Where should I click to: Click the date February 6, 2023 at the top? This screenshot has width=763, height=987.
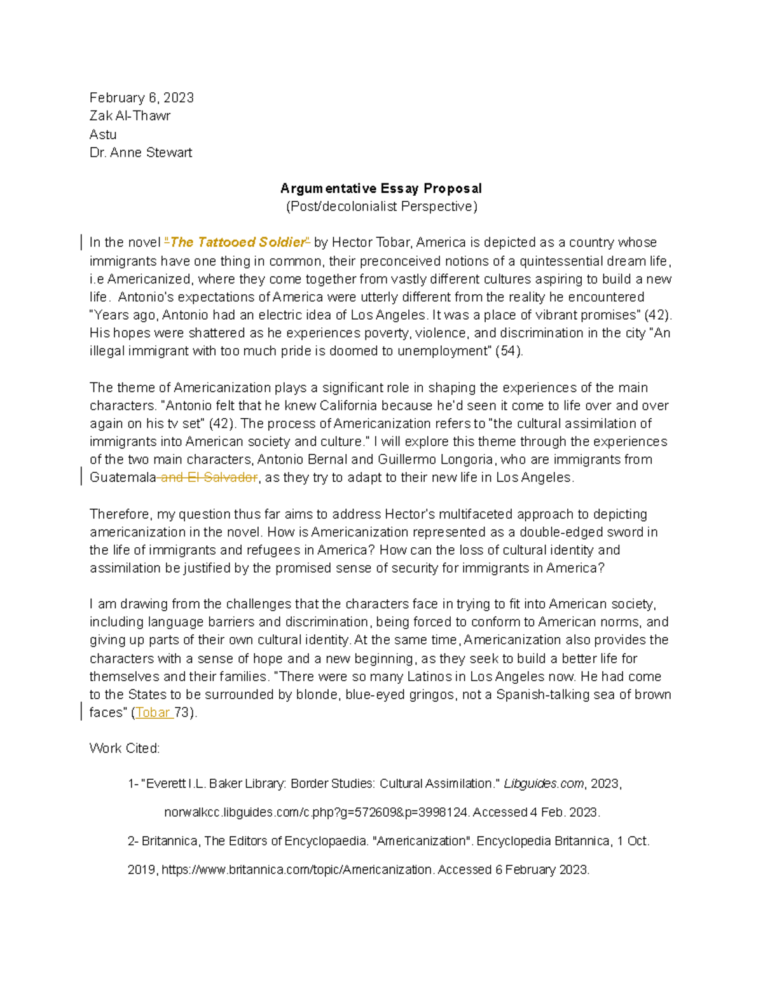click(x=141, y=98)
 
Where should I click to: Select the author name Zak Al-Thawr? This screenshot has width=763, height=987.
click(x=130, y=116)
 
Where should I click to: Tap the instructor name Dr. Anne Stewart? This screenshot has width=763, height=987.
click(x=141, y=153)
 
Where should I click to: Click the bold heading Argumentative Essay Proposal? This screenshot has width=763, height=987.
click(x=381, y=189)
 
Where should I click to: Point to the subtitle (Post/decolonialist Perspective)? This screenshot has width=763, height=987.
click(x=381, y=207)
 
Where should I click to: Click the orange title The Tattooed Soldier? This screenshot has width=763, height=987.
click(x=237, y=242)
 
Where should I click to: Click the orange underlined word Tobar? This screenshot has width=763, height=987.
click(x=153, y=712)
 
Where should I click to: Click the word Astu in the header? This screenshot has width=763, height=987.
click(x=103, y=134)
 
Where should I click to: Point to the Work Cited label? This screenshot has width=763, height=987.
click(x=125, y=748)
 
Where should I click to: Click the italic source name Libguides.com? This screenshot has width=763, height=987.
click(x=544, y=784)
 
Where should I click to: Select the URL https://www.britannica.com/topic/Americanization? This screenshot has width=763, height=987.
click(x=297, y=869)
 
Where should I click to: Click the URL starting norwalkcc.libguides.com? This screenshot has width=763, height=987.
click(x=317, y=812)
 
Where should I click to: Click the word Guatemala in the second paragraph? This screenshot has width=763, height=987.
click(x=123, y=477)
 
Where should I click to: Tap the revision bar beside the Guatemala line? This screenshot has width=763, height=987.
click(x=81, y=476)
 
